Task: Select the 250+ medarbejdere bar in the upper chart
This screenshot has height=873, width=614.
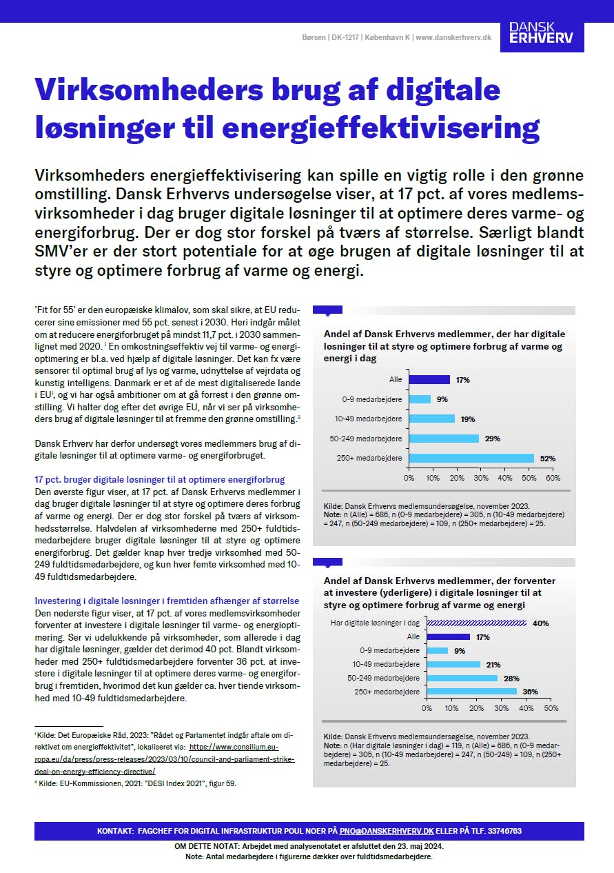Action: [x=471, y=458]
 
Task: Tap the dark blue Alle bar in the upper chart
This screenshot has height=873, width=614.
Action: [x=429, y=379]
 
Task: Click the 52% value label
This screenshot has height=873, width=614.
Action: [x=548, y=458]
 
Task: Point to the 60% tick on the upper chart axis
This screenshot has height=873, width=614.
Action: [x=553, y=478]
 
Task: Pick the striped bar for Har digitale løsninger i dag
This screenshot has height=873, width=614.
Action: [x=477, y=623]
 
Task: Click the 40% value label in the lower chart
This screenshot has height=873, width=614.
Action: [x=541, y=623]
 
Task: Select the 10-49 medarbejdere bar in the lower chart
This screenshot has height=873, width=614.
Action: [x=453, y=665]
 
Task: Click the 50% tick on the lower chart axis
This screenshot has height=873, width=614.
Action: [x=551, y=708]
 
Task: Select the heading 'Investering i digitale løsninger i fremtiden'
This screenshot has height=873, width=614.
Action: [x=167, y=601]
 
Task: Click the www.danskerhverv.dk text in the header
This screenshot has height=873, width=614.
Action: [x=453, y=37]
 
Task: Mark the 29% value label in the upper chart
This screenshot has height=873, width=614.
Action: [x=493, y=439]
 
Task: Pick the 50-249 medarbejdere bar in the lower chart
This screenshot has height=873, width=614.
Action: [x=462, y=679]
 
